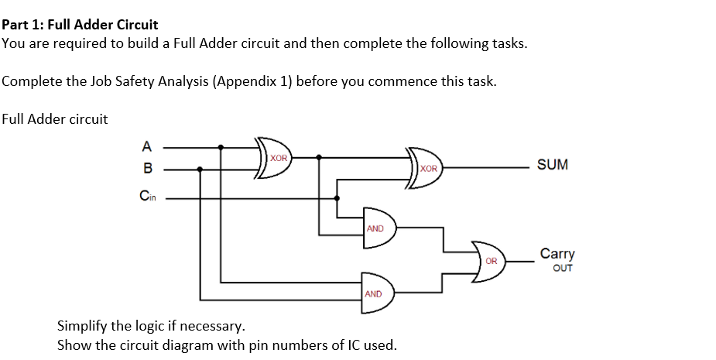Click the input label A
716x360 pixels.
click(x=147, y=145)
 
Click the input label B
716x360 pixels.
click(x=147, y=168)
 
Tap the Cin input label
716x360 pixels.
click(x=147, y=197)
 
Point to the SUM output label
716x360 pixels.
click(x=552, y=165)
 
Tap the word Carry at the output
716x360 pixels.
click(x=557, y=254)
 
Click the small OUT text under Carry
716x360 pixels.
click(x=563, y=268)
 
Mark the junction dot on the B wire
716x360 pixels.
click(x=200, y=168)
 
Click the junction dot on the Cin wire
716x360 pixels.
click(x=336, y=197)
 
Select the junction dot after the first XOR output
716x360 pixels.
click(x=320, y=158)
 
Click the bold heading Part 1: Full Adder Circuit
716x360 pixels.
click(x=80, y=25)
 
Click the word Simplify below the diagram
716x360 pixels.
click(x=85, y=324)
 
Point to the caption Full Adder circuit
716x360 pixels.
click(x=55, y=119)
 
